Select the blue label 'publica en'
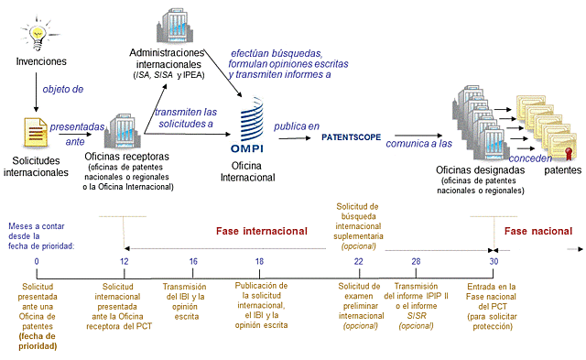coord(298,125)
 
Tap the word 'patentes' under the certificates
coord(562,170)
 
